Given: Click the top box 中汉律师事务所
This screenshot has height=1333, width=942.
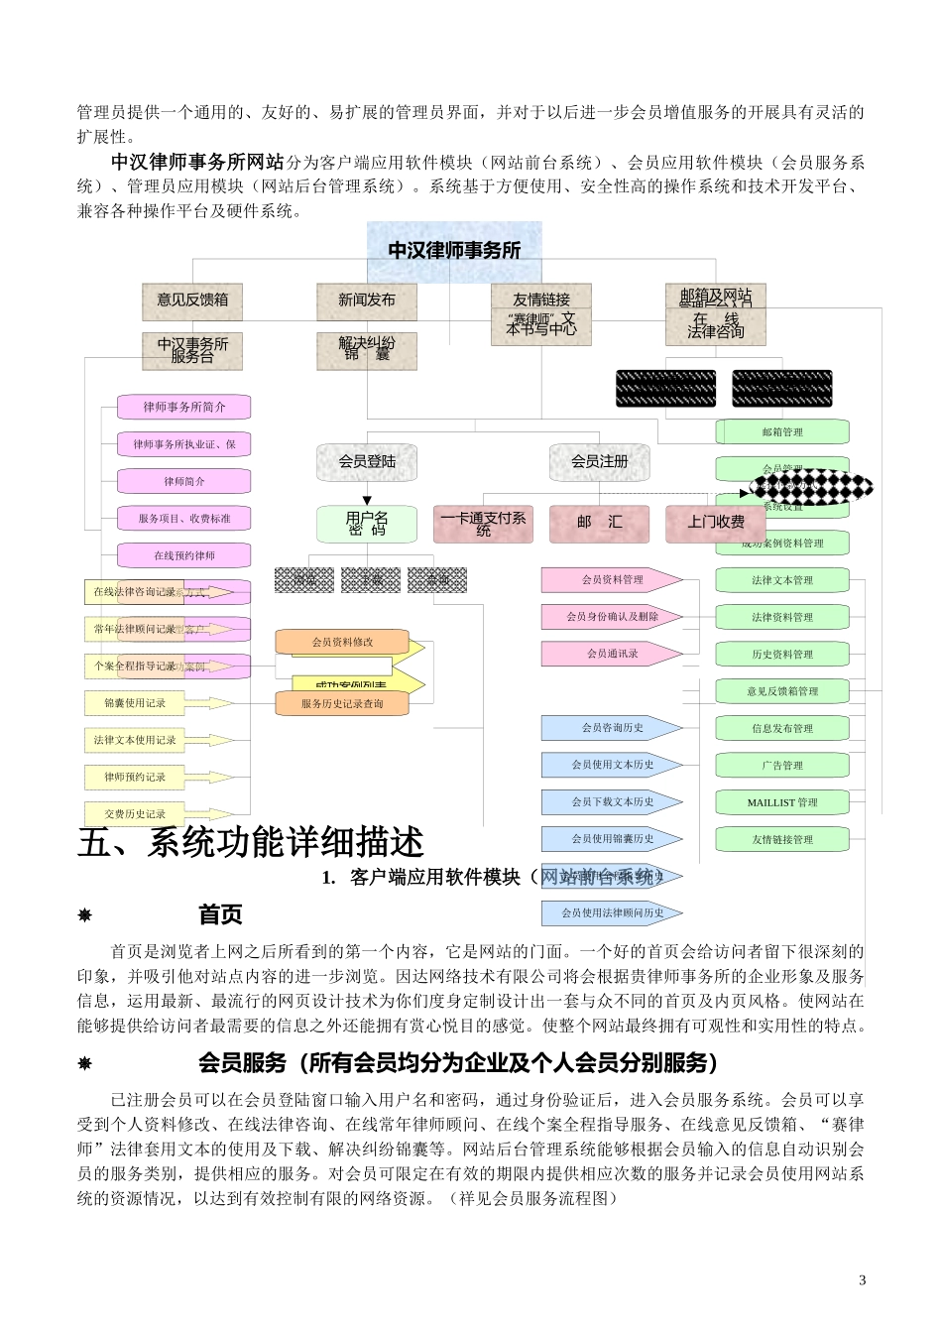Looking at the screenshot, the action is (454, 250).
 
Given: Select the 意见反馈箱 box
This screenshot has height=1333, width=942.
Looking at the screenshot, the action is (192, 300).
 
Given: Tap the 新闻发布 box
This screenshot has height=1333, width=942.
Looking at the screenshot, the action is (366, 300).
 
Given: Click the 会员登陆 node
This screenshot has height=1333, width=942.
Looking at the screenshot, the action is (366, 461).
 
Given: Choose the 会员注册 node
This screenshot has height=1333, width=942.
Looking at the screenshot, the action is (599, 461).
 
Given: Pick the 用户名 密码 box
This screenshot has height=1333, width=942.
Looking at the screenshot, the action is (366, 523).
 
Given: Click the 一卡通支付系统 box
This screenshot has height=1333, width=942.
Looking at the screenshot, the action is (483, 523).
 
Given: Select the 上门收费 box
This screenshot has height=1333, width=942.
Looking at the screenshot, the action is (715, 523).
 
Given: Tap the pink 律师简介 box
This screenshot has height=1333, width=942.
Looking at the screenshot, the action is (184, 481).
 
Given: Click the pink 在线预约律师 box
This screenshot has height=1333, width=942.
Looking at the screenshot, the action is (184, 555).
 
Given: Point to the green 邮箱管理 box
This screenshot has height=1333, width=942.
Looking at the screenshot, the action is (782, 431).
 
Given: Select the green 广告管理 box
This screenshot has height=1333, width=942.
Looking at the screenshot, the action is (782, 765).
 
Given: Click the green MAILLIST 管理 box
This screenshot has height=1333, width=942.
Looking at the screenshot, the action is (782, 802).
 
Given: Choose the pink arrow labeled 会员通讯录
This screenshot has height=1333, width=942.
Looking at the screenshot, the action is (612, 654).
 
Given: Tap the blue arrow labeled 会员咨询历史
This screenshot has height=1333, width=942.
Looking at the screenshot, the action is (612, 728).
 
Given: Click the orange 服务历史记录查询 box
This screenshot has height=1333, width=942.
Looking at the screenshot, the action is (342, 703).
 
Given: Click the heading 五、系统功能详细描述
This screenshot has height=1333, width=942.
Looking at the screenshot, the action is (251, 842).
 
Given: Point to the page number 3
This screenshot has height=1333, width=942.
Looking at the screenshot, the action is (862, 1279).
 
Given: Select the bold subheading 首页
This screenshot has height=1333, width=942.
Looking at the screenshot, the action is (220, 914).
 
